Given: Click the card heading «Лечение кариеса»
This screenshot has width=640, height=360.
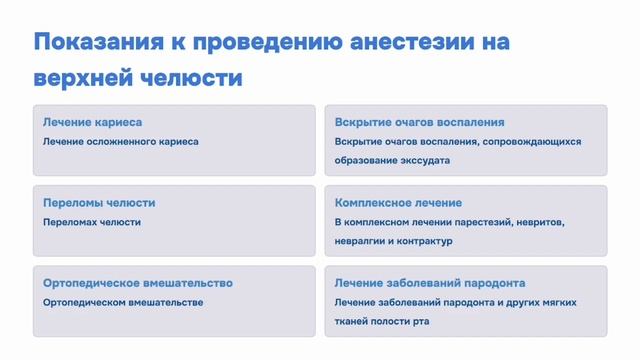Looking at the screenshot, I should [x=92, y=122].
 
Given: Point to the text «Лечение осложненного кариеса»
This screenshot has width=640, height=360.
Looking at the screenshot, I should [x=121, y=141].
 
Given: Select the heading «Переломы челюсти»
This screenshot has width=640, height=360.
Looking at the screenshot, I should [x=99, y=202].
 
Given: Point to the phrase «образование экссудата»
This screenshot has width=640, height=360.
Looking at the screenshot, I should [x=392, y=159].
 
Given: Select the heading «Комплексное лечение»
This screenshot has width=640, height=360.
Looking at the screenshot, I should [x=398, y=202].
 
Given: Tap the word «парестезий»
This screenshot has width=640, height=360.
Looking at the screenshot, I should [x=485, y=222].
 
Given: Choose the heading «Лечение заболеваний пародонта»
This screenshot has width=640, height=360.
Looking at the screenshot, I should [x=430, y=283].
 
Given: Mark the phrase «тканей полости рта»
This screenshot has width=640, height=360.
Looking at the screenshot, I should [x=385, y=320].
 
